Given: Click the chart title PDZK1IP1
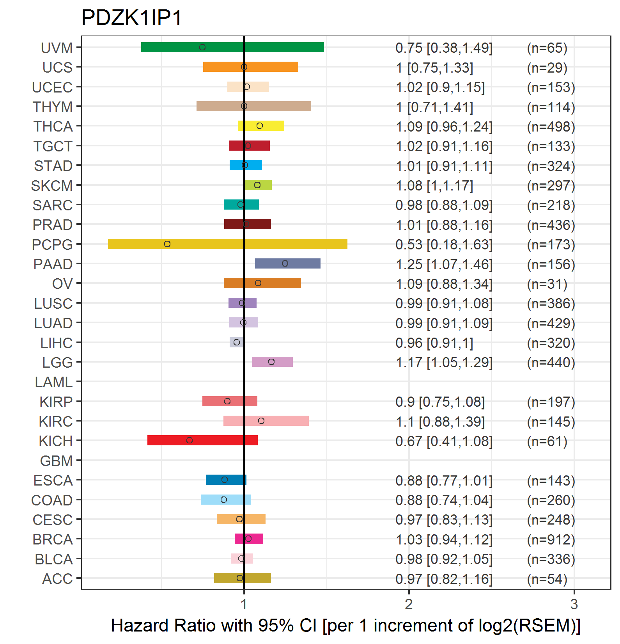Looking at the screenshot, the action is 131,18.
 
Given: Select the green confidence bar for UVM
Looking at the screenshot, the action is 232,47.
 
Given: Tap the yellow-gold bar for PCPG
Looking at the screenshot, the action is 228,244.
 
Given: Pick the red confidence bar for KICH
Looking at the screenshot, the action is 202,440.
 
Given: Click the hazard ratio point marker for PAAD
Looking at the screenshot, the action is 285,263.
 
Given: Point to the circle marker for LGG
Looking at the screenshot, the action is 271,362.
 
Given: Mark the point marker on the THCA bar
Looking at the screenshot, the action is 260,126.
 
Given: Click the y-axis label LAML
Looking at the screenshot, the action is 54,382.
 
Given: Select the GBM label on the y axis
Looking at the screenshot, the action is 57,461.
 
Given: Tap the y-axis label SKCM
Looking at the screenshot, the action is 52,186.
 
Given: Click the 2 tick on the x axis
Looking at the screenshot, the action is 409,604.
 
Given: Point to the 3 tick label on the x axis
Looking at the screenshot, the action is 574,604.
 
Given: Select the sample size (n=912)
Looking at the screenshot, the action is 551,539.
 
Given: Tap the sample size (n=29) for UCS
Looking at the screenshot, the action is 547,68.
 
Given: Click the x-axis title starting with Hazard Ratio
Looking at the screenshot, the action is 346,626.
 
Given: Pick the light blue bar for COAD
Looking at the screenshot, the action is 226,500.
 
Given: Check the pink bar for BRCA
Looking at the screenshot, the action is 249,539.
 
